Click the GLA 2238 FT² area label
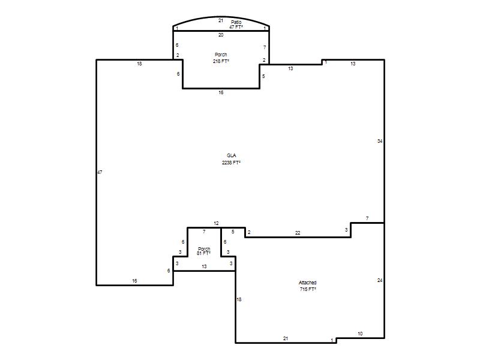pos(231,159)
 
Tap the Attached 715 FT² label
pos(308,286)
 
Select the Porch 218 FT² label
pos(221,58)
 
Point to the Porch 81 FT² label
pos(204,251)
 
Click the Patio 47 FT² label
pos(236,25)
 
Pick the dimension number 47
pos(100,172)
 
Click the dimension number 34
pos(380,141)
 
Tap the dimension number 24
pos(380,280)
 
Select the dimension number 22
pos(298,233)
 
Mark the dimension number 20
pos(221,35)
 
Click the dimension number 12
pos(216,223)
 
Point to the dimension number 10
pos(361,334)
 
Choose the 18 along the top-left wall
pos(139,64)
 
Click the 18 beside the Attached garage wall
pos(239,299)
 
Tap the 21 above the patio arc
pos(221,20)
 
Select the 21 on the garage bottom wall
pos(286,338)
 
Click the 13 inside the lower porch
pos(204,266)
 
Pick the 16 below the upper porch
pos(221,92)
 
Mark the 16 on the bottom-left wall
pos(134,281)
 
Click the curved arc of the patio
pos(221,17)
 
